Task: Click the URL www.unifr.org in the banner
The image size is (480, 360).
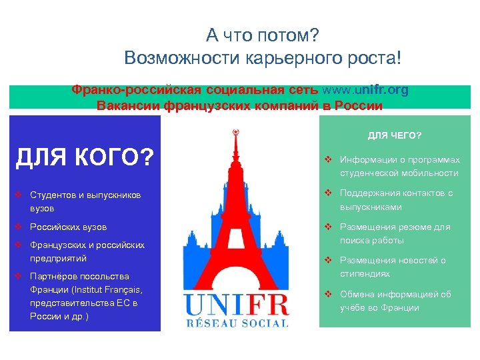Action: click(365, 91)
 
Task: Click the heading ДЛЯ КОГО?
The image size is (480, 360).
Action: click(84, 158)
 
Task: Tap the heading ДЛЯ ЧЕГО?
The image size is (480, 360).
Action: click(395, 135)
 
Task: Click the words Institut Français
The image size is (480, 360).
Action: click(101, 289)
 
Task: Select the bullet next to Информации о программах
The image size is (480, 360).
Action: click(328, 160)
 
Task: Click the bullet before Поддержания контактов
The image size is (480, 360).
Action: click(328, 193)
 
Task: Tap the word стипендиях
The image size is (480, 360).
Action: click(365, 273)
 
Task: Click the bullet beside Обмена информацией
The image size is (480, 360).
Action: click(328, 294)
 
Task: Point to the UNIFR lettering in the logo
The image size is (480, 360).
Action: click(237, 305)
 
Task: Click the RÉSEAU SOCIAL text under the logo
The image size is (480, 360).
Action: click(237, 323)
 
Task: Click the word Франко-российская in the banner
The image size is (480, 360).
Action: click(118, 91)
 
